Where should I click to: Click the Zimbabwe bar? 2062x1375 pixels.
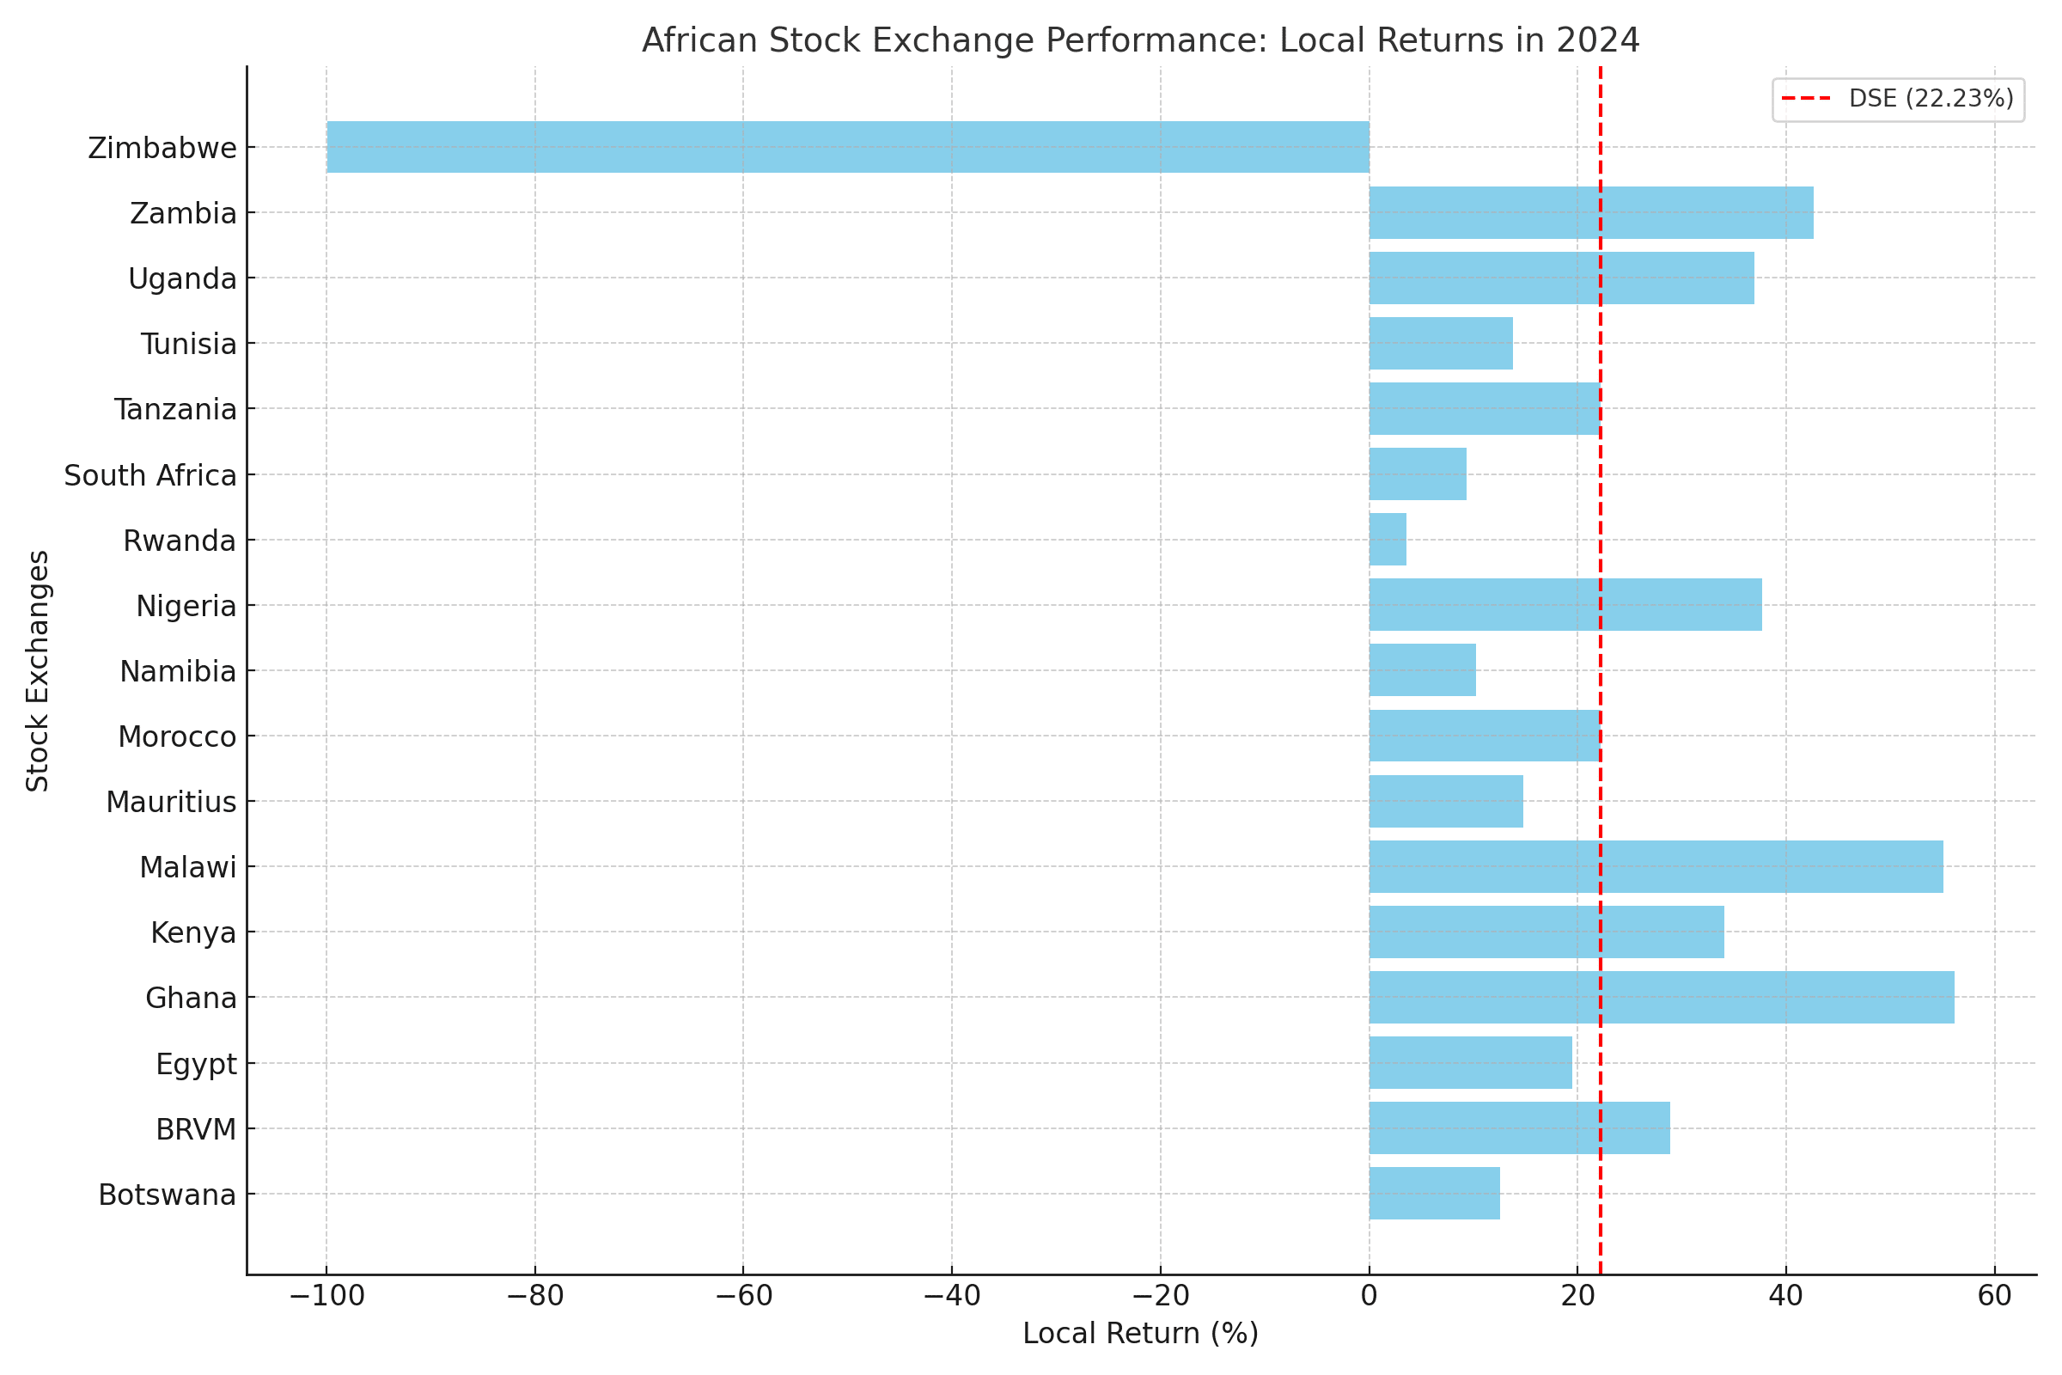point(847,147)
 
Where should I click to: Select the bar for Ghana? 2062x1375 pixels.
point(1662,997)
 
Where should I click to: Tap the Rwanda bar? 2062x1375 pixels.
point(1388,540)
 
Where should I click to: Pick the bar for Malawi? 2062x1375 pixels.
point(1656,866)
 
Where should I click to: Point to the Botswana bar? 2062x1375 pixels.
point(1434,1194)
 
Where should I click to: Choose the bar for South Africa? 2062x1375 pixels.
point(1418,474)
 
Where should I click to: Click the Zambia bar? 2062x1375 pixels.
point(1591,212)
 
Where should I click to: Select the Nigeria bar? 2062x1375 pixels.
point(1565,605)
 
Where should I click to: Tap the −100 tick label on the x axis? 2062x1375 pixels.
point(326,1296)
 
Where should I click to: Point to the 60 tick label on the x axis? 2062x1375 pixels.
point(1994,1296)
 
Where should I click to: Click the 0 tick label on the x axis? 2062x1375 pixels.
point(1369,1296)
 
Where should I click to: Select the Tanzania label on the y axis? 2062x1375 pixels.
point(175,410)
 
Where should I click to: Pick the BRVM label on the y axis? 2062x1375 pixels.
point(196,1129)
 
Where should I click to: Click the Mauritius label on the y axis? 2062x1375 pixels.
point(171,803)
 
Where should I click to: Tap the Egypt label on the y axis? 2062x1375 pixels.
point(196,1065)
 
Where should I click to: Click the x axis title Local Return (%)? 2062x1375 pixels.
point(1141,1334)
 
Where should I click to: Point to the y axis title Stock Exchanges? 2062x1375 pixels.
point(38,671)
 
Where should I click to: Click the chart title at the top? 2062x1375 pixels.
point(1141,40)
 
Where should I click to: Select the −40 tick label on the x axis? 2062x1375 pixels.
point(951,1296)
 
